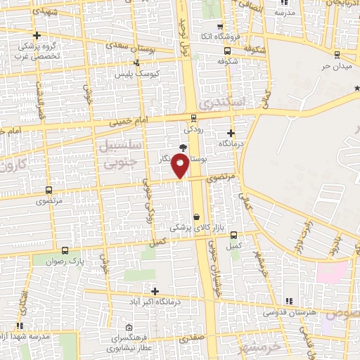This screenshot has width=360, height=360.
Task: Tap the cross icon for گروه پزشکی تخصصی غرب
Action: click(x=37, y=35)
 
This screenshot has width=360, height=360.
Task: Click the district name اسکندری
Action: click(x=224, y=103)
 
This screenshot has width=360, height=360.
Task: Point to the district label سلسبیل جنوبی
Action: click(x=118, y=153)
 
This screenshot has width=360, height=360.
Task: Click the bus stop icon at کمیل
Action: click(x=233, y=236)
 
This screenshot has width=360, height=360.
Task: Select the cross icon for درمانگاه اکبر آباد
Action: click(x=155, y=291)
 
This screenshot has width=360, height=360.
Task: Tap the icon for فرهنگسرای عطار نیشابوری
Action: click(x=129, y=327)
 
